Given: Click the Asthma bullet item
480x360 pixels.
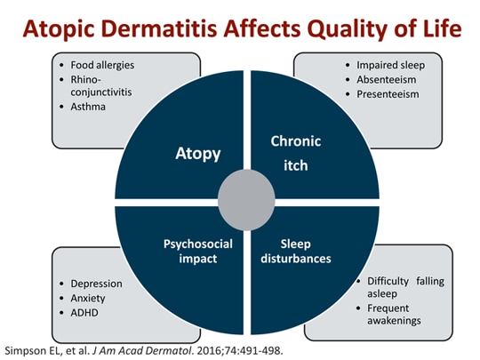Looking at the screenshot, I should click(x=88, y=106).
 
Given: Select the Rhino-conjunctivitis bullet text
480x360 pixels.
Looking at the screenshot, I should click(x=106, y=86).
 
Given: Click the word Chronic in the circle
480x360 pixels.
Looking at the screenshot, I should click(x=295, y=141).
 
